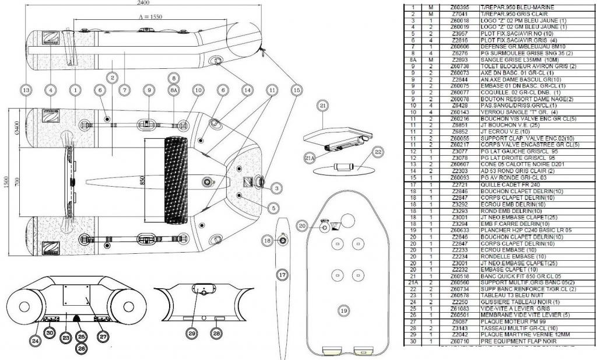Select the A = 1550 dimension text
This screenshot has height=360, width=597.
pos(150,18)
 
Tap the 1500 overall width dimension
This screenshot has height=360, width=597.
pos(5,181)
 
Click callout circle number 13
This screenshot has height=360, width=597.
pos(25,90)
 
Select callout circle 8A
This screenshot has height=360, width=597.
pos(173,90)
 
